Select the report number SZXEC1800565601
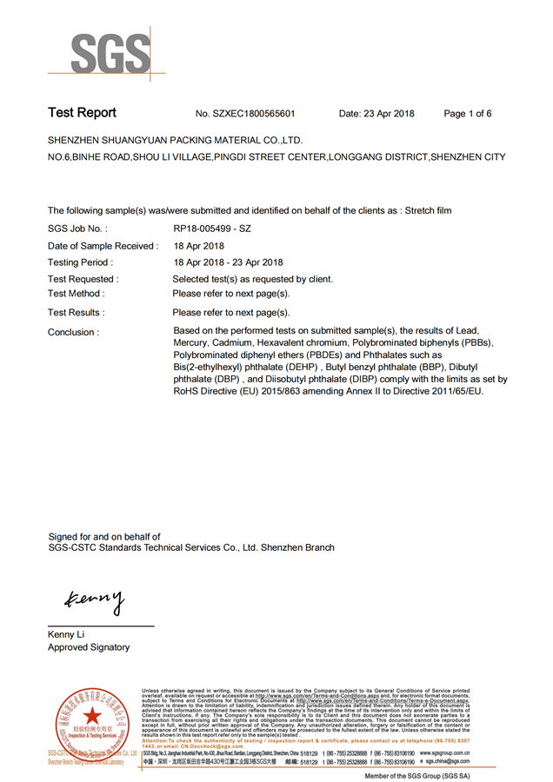pyautogui.click(x=257, y=114)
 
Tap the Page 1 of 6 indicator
pyautogui.click(x=467, y=114)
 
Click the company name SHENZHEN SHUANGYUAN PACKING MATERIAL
pyautogui.click(x=175, y=140)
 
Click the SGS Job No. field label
pyautogui.click(x=77, y=229)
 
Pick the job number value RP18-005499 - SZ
pyautogui.click(x=212, y=229)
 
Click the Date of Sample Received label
pyautogui.click(x=103, y=246)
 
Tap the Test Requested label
pyautogui.click(x=83, y=279)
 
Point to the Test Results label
pyautogui.click(x=77, y=312)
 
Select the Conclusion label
pyautogui.click(x=73, y=332)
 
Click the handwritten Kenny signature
pyautogui.click(x=94, y=599)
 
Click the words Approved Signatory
pyautogui.click(x=89, y=647)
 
